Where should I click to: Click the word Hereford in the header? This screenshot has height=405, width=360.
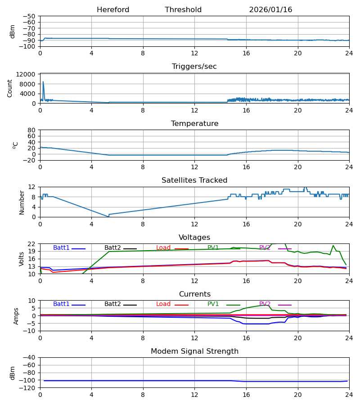tap(113, 10)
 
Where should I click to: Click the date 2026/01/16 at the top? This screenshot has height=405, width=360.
tap(270, 10)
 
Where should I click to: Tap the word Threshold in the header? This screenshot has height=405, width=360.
tap(183, 10)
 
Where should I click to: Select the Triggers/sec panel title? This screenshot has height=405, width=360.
tap(194, 67)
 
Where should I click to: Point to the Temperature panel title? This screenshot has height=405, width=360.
tap(194, 124)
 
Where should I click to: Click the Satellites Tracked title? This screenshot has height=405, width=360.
tap(194, 180)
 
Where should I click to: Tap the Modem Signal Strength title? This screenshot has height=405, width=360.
tap(194, 351)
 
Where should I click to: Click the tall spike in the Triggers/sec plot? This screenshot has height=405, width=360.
tap(43, 82)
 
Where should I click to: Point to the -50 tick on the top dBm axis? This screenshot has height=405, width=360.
tap(30, 16)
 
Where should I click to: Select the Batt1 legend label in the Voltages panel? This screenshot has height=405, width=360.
tap(61, 248)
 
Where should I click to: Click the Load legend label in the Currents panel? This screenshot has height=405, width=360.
tap(163, 304)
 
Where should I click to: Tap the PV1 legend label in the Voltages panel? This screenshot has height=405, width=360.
tap(213, 248)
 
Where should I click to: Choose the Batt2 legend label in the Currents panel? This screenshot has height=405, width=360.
tap(112, 304)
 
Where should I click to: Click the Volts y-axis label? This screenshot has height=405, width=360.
tap(22, 259)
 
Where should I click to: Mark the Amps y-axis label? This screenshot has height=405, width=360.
tap(16, 316)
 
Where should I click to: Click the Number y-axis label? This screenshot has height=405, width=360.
tap(22, 202)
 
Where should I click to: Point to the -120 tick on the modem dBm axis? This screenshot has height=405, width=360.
tap(28, 388)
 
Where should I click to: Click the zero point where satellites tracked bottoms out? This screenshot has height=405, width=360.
tap(108, 216)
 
